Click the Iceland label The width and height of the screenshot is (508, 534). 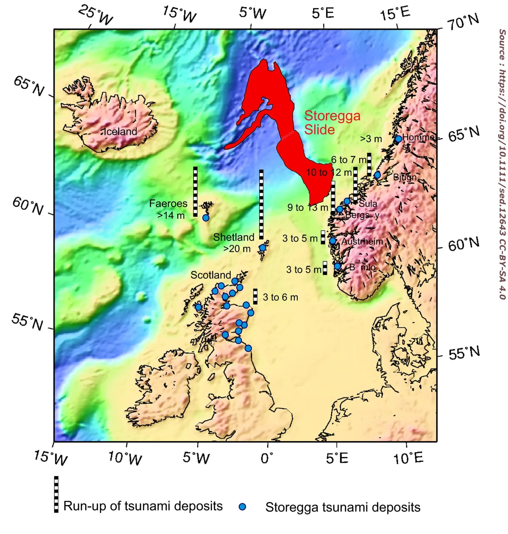[120, 131]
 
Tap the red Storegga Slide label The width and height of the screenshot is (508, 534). [332, 122]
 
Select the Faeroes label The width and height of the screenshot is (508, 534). [168, 203]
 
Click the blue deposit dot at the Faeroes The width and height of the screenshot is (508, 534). [206, 218]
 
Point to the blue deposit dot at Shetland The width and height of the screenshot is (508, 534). [263, 248]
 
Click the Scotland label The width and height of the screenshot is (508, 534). [211, 275]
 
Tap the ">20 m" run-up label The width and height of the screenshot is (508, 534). [237, 249]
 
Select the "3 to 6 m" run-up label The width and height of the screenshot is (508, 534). [280, 297]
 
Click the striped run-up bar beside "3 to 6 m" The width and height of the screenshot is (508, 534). [255, 296]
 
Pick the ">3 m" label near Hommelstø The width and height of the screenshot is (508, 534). [371, 139]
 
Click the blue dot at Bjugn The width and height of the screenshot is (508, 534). [377, 175]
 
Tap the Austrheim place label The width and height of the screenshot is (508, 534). [362, 241]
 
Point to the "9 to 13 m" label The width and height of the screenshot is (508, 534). [308, 208]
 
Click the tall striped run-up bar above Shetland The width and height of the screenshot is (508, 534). [261, 204]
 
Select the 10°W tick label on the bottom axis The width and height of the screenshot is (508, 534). [125, 458]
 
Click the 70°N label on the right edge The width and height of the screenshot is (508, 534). [463, 22]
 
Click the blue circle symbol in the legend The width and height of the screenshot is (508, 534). [242, 507]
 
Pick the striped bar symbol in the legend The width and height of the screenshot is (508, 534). [56, 494]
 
